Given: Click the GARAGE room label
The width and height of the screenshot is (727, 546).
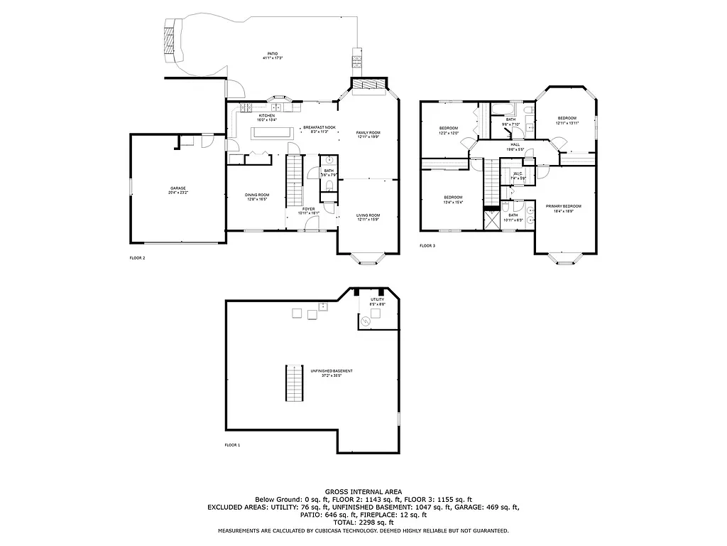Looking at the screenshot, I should click(x=177, y=188).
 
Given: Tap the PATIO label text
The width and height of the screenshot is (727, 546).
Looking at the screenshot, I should click(x=273, y=54).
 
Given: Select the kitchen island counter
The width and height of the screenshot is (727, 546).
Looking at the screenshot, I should click(x=270, y=132).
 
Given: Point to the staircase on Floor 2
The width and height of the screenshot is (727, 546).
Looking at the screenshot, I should click(x=294, y=181).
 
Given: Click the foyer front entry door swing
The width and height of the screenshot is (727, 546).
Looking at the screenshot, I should click(x=310, y=225).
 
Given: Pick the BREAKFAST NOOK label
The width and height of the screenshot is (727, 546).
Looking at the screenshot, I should click(x=319, y=127).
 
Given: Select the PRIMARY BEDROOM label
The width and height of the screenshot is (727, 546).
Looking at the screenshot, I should click(x=563, y=206).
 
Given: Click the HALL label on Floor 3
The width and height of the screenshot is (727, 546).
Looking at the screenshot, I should click(x=515, y=144).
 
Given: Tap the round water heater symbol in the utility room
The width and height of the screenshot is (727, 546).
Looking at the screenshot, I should click(x=366, y=322).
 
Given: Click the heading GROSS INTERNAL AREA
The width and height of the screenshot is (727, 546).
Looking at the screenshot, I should click(x=363, y=491).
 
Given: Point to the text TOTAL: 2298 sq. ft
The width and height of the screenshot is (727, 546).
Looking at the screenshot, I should click(x=363, y=523).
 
